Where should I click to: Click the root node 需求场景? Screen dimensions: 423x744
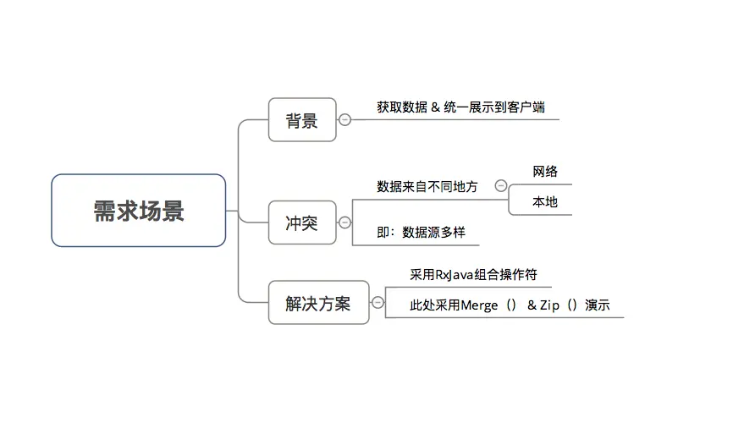click(x=138, y=211)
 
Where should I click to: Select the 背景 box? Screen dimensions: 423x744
click(x=301, y=120)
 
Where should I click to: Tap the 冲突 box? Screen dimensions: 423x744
click(x=301, y=223)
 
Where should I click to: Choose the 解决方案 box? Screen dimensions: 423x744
click(x=318, y=303)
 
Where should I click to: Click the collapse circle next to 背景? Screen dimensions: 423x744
click(x=344, y=120)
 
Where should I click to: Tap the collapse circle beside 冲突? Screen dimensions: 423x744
click(x=344, y=222)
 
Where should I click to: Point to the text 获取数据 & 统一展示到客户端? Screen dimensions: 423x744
click(x=460, y=107)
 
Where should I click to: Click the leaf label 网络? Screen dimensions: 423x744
click(x=545, y=172)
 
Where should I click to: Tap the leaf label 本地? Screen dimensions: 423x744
click(x=545, y=203)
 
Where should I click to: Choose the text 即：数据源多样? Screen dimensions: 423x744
click(x=422, y=232)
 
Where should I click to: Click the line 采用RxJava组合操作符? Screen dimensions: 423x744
click(x=473, y=275)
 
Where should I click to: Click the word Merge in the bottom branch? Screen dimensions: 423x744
click(x=479, y=305)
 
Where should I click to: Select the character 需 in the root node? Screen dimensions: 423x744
click(x=104, y=211)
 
